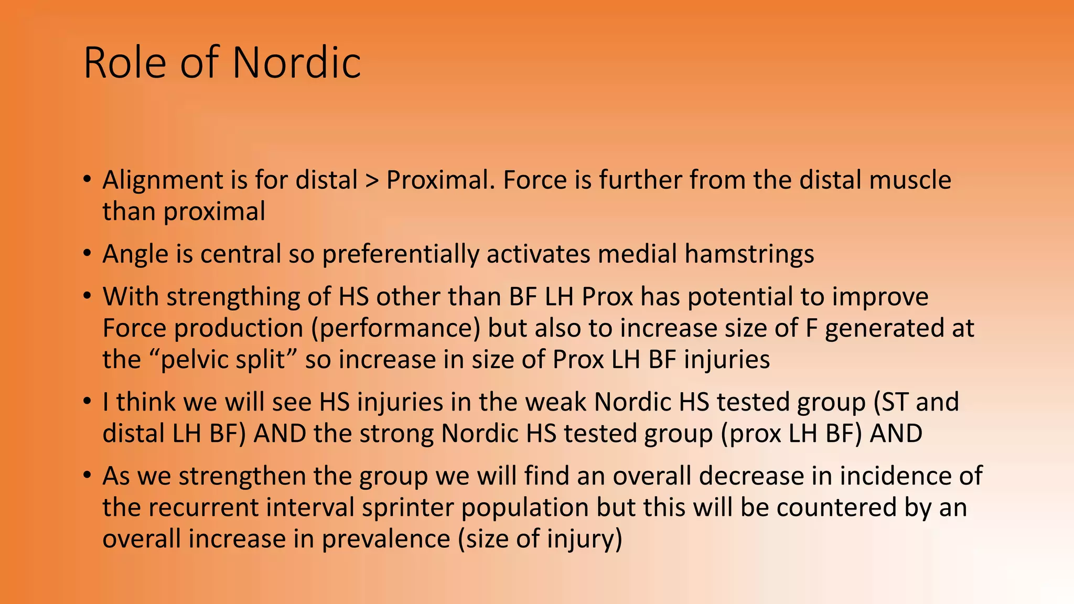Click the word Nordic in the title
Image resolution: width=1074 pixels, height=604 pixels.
(296, 63)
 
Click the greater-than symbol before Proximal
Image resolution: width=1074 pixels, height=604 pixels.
(372, 180)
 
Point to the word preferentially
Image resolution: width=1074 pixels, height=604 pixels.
(400, 254)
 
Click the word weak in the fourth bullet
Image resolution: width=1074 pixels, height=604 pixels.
(555, 403)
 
